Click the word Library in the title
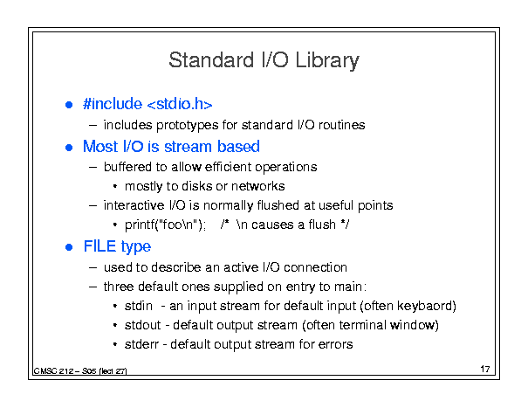(327, 61)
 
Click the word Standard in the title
(211, 59)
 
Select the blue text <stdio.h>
(180, 104)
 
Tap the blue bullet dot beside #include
(69, 105)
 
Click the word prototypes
(188, 126)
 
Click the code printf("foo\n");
(165, 225)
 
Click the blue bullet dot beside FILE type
(69, 247)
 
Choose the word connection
(315, 267)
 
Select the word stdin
(139, 306)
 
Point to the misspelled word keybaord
(425, 306)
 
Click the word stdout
(143, 325)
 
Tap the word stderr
(141, 344)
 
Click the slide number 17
(485, 370)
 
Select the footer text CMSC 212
(54, 371)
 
